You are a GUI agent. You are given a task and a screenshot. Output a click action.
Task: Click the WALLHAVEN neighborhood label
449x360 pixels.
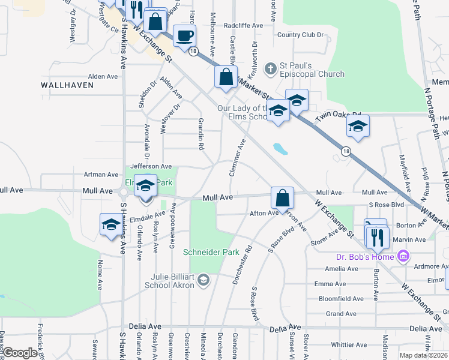(67, 85)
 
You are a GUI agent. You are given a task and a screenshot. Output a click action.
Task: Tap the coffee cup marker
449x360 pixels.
(184, 36)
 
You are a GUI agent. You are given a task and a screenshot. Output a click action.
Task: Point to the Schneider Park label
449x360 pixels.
(211, 252)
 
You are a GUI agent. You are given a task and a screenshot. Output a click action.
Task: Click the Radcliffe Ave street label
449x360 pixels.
(243, 26)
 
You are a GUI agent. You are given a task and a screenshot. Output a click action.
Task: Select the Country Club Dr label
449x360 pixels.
(300, 35)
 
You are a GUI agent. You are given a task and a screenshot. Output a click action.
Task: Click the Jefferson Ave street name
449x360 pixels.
(151, 166)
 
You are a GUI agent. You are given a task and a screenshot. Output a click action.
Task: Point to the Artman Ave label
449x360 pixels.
(101, 175)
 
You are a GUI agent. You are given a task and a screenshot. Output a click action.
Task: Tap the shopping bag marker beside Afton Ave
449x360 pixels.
(282, 197)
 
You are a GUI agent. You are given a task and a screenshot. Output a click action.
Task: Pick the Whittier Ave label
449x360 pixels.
(348, 345)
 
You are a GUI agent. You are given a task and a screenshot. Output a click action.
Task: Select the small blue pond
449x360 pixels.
(279, 148)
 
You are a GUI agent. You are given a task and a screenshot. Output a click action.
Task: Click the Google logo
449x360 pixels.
(20, 353)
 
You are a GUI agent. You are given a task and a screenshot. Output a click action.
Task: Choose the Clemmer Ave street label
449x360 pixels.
(238, 158)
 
